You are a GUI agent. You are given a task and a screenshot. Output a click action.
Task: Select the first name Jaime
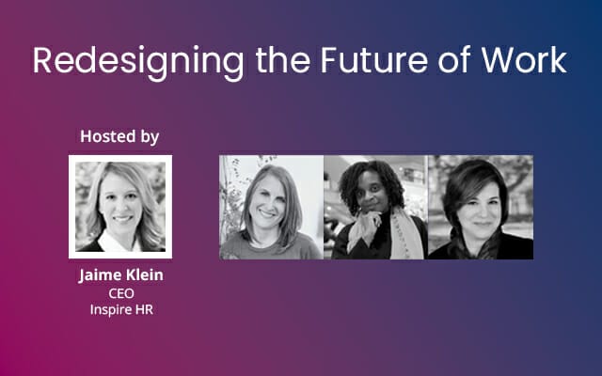coord(99,276)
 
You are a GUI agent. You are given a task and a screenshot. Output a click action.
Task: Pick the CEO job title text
coord(120,293)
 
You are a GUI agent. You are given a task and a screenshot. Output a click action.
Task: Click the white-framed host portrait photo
coord(120,207)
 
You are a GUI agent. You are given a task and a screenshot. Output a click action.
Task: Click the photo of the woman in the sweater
coord(272,208)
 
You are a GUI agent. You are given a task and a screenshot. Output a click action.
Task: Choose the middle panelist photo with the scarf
coord(375,208)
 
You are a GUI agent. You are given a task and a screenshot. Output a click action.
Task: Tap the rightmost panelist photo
coord(480,208)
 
